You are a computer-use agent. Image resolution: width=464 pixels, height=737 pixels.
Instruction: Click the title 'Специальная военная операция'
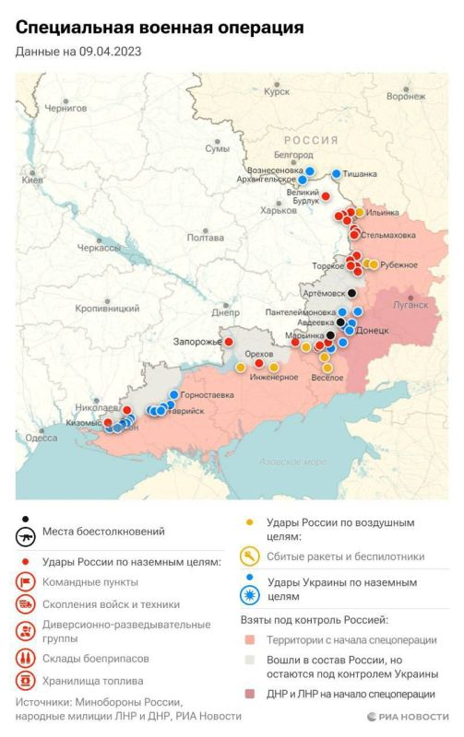[159, 29]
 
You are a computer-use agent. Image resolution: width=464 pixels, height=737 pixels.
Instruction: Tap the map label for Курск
[276, 92]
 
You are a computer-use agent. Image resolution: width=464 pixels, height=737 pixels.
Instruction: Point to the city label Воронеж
[406, 96]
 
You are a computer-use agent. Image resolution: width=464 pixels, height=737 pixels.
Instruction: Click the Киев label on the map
[32, 180]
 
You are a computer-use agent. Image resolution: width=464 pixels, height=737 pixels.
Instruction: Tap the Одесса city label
[42, 438]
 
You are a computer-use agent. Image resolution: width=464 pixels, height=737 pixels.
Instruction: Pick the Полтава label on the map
[205, 237]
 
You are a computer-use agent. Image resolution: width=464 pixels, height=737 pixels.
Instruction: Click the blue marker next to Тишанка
[337, 173]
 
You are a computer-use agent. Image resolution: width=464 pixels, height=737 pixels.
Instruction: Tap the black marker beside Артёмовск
[351, 293]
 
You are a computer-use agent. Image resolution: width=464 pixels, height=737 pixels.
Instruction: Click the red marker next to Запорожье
[228, 342]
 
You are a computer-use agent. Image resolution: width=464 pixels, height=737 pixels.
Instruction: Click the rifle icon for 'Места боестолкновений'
[26, 537]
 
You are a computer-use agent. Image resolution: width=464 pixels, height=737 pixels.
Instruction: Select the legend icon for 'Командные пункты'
[26, 581]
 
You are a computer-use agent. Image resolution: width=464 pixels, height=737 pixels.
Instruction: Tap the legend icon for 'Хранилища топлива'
[26, 682]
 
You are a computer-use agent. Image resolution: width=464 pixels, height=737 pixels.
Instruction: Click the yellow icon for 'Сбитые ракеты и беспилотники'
[249, 556]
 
